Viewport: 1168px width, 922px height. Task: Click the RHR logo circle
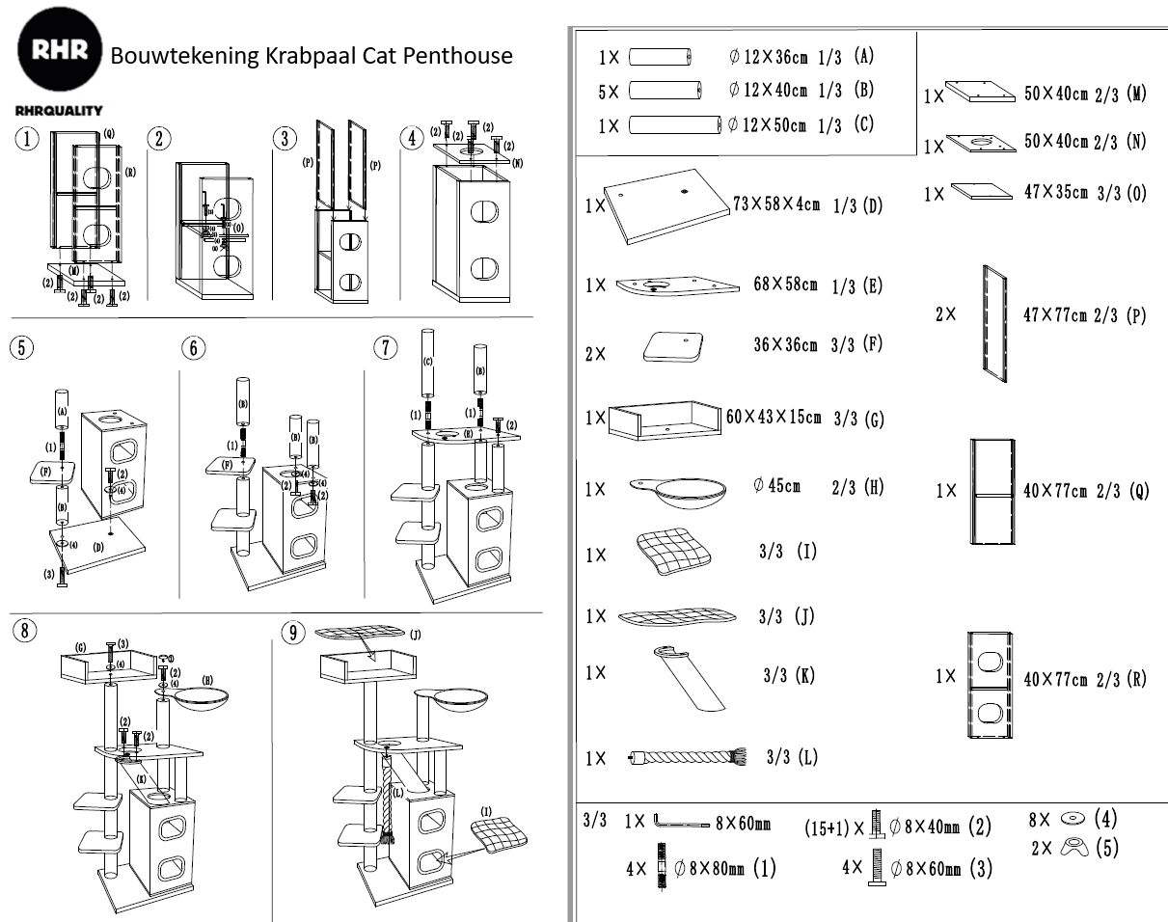coord(60,52)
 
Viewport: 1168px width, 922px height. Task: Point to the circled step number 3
coord(284,138)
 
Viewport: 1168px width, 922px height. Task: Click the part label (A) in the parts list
coord(863,56)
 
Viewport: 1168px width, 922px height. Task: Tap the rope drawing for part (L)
coord(684,757)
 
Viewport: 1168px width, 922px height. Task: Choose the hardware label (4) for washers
coord(1105,820)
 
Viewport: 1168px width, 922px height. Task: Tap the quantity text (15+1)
coord(828,827)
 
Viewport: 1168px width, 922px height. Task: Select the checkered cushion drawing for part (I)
coord(672,553)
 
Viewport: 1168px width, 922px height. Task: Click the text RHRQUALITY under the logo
coord(59,111)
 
